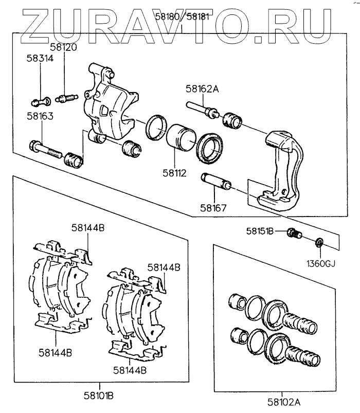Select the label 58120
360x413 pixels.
coord(64,47)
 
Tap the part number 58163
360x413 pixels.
coord(40,117)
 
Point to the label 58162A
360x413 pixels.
coord(202,88)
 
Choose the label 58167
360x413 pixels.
coord(213,209)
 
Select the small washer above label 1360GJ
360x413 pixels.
coord(319,242)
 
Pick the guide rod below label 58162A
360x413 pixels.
coord(204,110)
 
